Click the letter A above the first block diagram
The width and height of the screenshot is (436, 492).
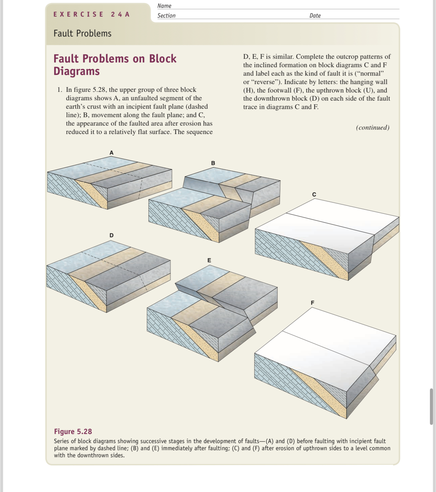[112, 153]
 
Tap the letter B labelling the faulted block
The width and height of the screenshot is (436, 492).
[213, 163]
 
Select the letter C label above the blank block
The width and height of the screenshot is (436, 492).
[314, 194]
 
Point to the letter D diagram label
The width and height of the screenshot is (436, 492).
[112, 235]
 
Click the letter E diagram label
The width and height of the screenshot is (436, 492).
[209, 260]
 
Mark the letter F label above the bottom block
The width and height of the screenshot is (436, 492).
[312, 303]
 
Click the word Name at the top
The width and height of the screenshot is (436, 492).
[164, 6]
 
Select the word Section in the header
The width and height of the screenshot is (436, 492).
[166, 16]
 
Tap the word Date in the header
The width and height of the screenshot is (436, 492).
[315, 16]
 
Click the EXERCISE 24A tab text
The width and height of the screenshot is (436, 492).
[92, 14]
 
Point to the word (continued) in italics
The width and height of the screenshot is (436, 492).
[372, 128]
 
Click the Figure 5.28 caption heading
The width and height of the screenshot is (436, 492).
[73, 432]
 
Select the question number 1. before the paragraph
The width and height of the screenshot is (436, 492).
[60, 90]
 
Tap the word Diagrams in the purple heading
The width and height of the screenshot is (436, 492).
[77, 71]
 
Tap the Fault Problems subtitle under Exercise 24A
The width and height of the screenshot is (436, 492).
[82, 33]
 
